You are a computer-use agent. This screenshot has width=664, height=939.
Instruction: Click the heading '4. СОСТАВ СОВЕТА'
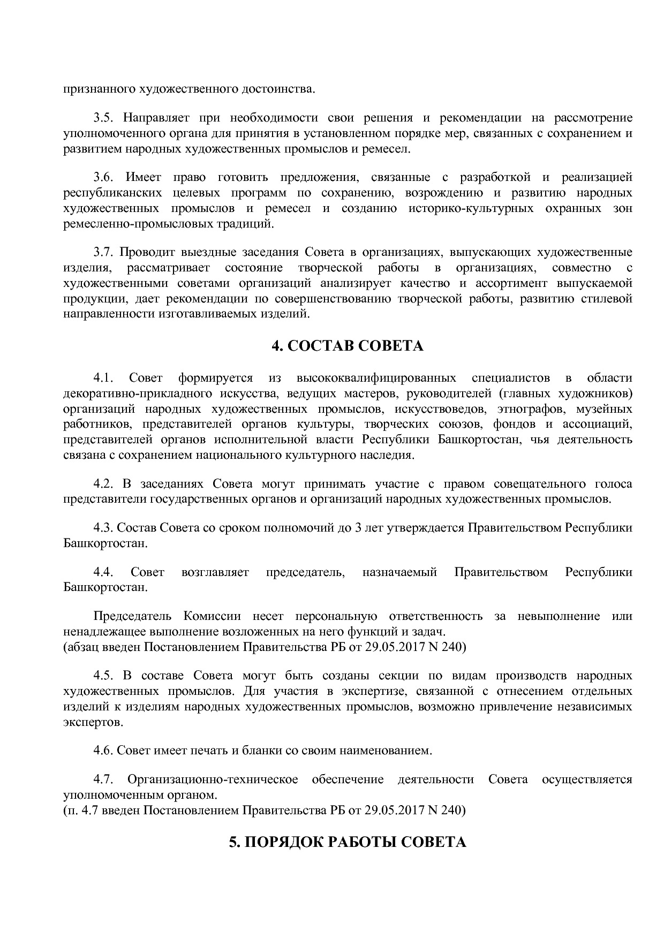tap(347, 346)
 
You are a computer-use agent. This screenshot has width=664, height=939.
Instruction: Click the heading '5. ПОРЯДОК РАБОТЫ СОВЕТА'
tap(347, 842)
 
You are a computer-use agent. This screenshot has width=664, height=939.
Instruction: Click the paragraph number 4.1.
tap(103, 378)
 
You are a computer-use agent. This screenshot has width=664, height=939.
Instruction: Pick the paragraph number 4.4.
tap(103, 572)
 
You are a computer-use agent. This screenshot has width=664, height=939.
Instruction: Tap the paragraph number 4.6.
tap(103, 751)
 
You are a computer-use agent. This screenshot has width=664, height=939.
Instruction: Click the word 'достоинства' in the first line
tap(277, 89)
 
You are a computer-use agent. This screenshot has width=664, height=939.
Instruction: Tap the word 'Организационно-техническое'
tap(213, 779)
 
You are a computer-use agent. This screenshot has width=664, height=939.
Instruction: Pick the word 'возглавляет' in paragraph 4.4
tap(215, 572)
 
